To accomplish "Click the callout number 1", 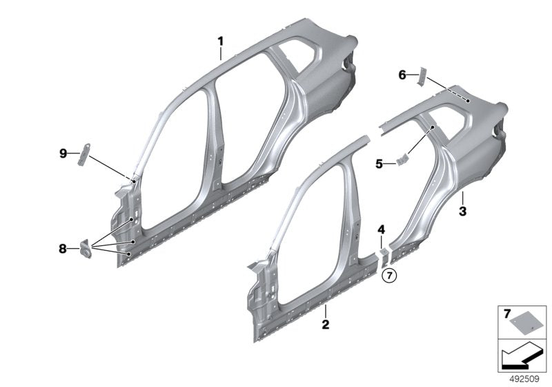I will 221,41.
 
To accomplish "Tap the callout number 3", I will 462,210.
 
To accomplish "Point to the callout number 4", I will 380,229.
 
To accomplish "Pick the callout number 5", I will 379,164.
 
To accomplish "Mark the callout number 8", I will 63,247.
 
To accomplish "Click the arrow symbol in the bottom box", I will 519,355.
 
